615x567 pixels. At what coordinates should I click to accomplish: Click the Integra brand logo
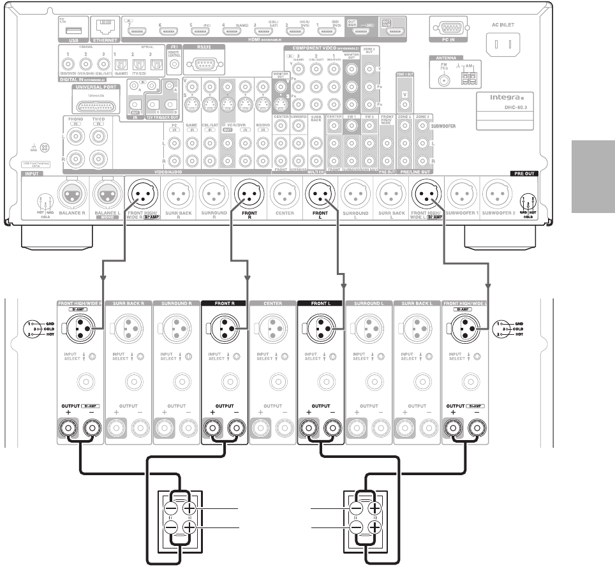[503, 99]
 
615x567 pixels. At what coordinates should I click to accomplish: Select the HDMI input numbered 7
[135, 31]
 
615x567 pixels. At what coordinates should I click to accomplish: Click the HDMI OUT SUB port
[396, 30]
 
